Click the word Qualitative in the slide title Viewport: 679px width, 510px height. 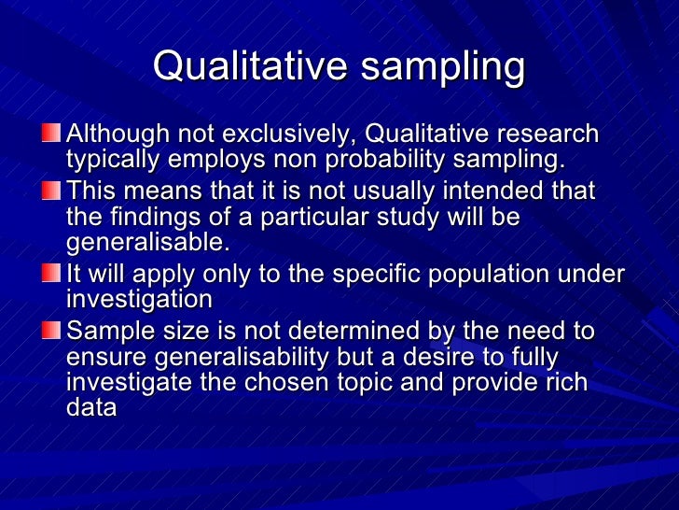pyautogui.click(x=243, y=66)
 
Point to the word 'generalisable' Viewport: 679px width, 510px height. pyautogui.click(x=145, y=242)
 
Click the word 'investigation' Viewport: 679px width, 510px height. pyautogui.click(x=139, y=300)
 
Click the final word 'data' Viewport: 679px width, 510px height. pyautogui.click(x=91, y=407)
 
